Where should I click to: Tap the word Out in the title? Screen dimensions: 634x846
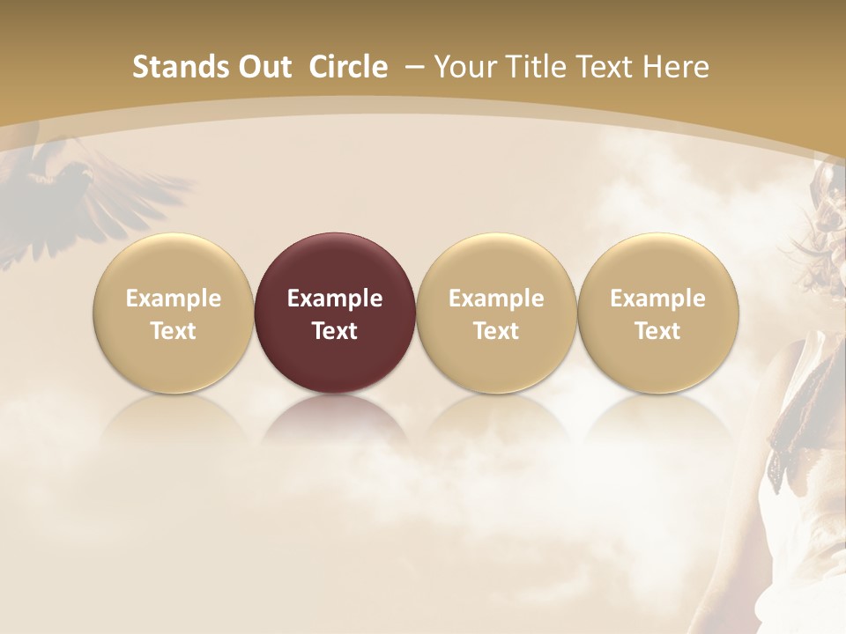[263, 67]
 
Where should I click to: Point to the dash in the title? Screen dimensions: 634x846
[411, 68]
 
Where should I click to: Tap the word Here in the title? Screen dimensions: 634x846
[676, 67]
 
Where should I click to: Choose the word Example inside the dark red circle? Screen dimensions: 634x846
[335, 299]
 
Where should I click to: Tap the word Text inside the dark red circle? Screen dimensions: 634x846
[335, 331]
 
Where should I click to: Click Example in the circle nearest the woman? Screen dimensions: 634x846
[658, 299]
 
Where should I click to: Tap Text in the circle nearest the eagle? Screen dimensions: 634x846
[174, 331]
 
